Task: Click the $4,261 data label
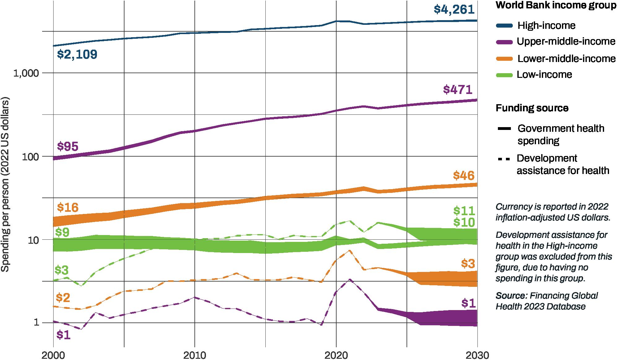point(454,9)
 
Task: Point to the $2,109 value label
point(77,55)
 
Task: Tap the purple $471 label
point(458,90)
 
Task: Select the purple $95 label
point(68,147)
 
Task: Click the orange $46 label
point(464,176)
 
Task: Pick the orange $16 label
point(68,207)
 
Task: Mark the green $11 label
point(464,211)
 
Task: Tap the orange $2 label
point(63,298)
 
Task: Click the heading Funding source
point(532,108)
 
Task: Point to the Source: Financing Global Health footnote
point(546,301)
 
